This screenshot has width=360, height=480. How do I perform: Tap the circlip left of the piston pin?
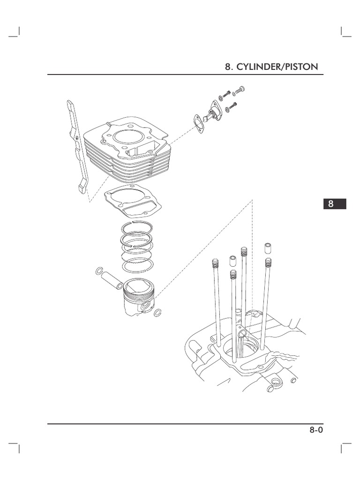click(x=99, y=271)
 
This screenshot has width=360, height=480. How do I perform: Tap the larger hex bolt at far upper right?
click(x=241, y=89)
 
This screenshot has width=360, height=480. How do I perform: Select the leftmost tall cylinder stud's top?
click(x=216, y=263)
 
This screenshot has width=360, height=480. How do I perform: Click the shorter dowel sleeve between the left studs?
click(x=232, y=260)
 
